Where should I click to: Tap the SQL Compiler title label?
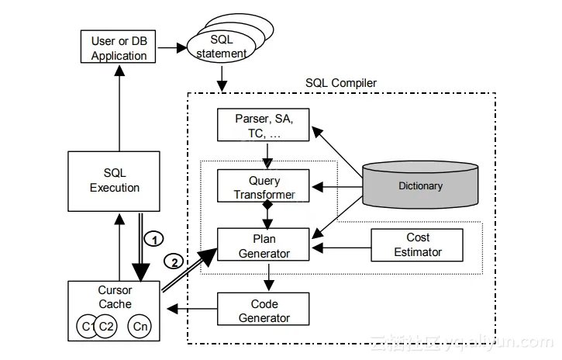pyautogui.click(x=341, y=83)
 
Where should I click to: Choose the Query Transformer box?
pyautogui.click(x=264, y=187)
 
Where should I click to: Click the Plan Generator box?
pyautogui.click(x=264, y=244)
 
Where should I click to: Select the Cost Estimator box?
pyautogui.click(x=418, y=244)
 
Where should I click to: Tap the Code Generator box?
pyautogui.click(x=264, y=310)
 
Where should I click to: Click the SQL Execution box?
pyautogui.click(x=115, y=180)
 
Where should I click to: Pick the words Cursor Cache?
pyautogui.click(x=115, y=297)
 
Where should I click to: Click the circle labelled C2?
pyautogui.click(x=107, y=327)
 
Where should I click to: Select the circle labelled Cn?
pyautogui.click(x=140, y=327)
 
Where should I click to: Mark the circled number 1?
pyautogui.click(x=154, y=240)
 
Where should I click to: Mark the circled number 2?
pyautogui.click(x=175, y=262)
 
